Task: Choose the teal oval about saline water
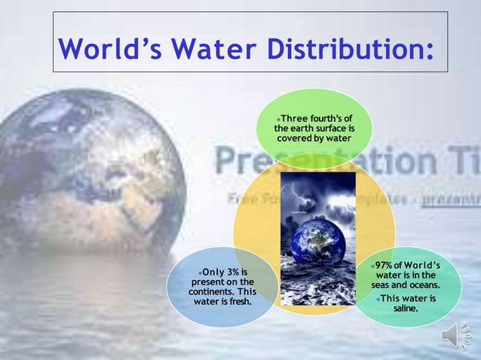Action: tap(405, 287)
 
